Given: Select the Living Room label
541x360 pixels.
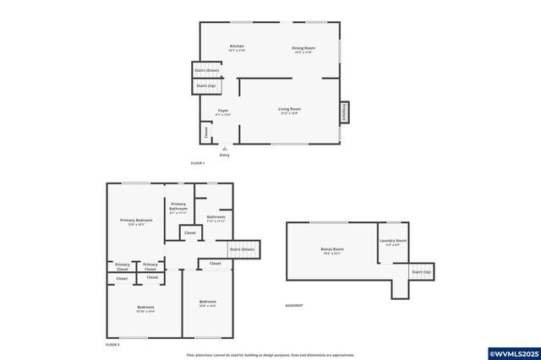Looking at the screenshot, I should click(x=290, y=109).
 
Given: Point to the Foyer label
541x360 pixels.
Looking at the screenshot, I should click(x=223, y=111).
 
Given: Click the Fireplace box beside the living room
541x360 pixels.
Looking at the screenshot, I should click(x=344, y=113).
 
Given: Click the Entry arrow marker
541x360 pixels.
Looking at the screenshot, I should click(x=224, y=149).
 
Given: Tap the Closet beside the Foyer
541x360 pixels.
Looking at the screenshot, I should click(x=205, y=132).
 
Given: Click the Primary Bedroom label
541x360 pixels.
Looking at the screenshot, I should click(x=136, y=221).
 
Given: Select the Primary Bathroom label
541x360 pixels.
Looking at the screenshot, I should click(x=178, y=207).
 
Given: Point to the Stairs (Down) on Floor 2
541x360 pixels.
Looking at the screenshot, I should click(x=242, y=249).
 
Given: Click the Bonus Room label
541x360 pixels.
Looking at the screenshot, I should click(x=332, y=249).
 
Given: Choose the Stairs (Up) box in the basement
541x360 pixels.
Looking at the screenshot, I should click(x=422, y=272).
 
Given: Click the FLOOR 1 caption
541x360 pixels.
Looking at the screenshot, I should click(x=198, y=162).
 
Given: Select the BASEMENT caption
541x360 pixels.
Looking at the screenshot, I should click(x=294, y=305).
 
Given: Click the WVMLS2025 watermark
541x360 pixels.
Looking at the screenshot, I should click(x=512, y=352).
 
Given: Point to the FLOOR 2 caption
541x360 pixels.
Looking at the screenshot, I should click(x=112, y=345).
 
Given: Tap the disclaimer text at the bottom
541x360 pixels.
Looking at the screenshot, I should click(x=270, y=355).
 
